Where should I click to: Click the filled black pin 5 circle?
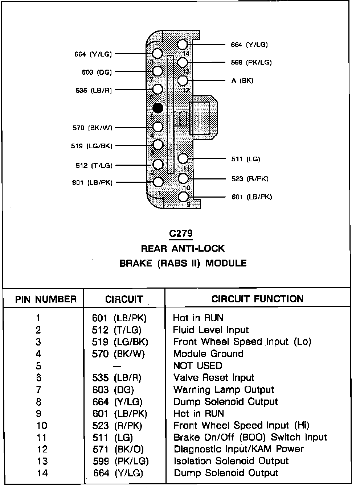[157, 108]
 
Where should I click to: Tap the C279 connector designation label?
[181, 234]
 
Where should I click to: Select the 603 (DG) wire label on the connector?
[97, 72]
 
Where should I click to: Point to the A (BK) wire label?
[242, 80]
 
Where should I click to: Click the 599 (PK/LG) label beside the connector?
[251, 62]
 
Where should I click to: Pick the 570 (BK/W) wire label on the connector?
[93, 128]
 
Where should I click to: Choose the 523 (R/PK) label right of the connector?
[250, 179]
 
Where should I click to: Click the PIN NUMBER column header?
[46, 299]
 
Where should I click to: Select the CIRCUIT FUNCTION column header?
[257, 299]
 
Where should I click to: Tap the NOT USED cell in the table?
[197, 365]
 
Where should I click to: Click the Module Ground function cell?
[208, 353]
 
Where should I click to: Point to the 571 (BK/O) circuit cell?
[118, 449]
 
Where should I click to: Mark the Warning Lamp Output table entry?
[224, 390]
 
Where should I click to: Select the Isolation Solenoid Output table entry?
[231, 461]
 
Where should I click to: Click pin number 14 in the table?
[42, 473]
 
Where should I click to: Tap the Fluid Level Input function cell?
[211, 330]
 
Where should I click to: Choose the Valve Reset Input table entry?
[214, 378]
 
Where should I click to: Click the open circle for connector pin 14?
[183, 45]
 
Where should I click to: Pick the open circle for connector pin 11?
[183, 158]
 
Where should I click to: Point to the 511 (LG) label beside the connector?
[246, 159]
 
